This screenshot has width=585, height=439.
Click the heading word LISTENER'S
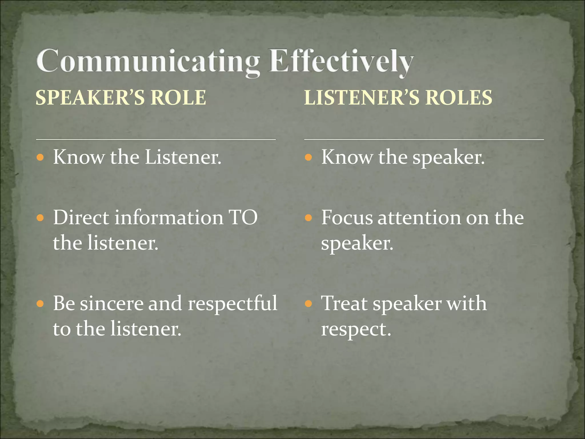pyautogui.click(x=362, y=97)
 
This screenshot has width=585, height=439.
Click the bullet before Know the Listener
pyautogui.click(x=40, y=157)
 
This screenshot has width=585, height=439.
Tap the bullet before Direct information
pyautogui.click(x=40, y=218)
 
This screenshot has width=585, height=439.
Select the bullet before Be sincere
pyautogui.click(x=40, y=304)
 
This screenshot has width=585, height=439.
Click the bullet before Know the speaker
pyautogui.click(x=308, y=157)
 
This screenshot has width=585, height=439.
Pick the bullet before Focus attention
pyautogui.click(x=308, y=218)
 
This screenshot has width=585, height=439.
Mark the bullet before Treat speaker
pyautogui.click(x=308, y=304)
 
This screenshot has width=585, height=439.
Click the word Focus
pyautogui.click(x=347, y=218)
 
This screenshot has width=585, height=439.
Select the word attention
pyautogui.click(x=419, y=218)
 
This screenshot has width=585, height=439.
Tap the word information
pyautogui.click(x=169, y=218)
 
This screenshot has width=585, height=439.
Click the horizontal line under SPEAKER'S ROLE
pyautogui.click(x=156, y=139)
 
